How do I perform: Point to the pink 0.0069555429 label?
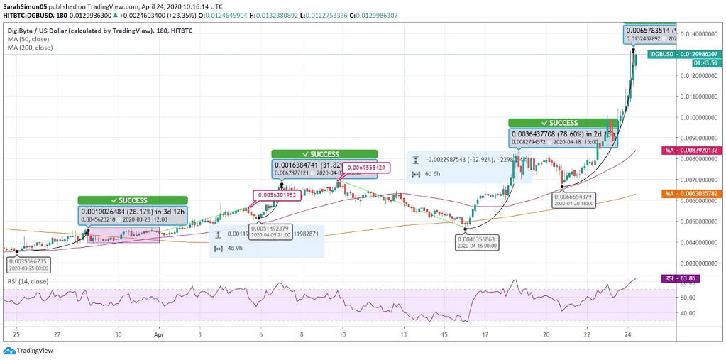coord(366,168)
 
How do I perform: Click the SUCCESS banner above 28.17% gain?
coord(133,200)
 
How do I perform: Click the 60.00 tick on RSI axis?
coord(686,298)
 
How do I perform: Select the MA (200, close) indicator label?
coord(28,48)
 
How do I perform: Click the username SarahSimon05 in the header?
coord(26,5)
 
